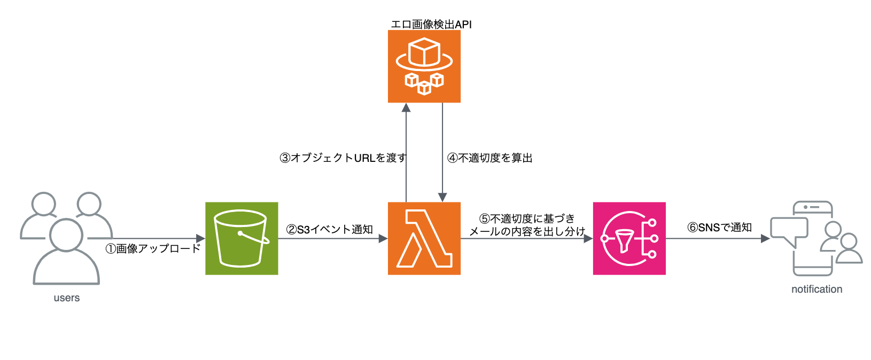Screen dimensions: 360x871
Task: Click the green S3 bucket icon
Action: click(x=242, y=238)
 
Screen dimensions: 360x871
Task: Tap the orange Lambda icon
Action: click(x=424, y=238)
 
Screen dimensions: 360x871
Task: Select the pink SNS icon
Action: click(x=629, y=238)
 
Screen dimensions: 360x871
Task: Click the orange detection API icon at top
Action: click(x=424, y=66)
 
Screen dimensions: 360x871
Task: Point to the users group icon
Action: click(x=66, y=238)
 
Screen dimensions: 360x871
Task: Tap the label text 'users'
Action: click(x=66, y=298)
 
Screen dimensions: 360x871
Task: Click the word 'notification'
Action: click(x=816, y=289)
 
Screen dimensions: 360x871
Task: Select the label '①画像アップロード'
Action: click(x=153, y=248)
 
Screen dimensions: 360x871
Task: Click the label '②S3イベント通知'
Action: click(x=329, y=229)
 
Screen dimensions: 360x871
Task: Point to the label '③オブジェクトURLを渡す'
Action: click(x=343, y=158)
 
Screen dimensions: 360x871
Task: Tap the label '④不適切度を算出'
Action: click(x=489, y=158)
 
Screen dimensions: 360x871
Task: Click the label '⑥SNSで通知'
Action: click(x=719, y=227)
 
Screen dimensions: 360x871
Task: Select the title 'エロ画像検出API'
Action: click(x=431, y=24)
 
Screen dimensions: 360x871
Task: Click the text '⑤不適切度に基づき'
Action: click(x=527, y=218)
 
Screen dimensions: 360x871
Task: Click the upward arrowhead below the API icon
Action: click(x=406, y=107)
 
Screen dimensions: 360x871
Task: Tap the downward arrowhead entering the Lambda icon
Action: click(x=442, y=197)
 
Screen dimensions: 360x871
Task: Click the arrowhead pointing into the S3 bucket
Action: click(x=201, y=238)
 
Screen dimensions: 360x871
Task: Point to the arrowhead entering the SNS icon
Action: click(x=588, y=238)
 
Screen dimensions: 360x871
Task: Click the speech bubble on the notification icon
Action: click(x=789, y=230)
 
